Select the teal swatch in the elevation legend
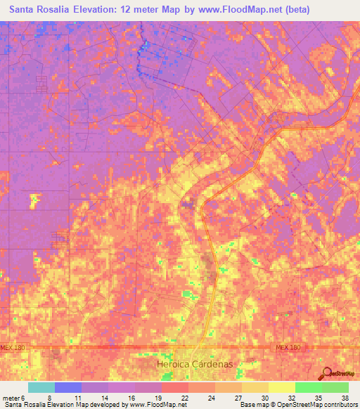click(x=41, y=387)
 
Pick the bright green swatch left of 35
click(x=309, y=387)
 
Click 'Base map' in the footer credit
click(x=252, y=404)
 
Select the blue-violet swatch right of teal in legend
click(x=68, y=387)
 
